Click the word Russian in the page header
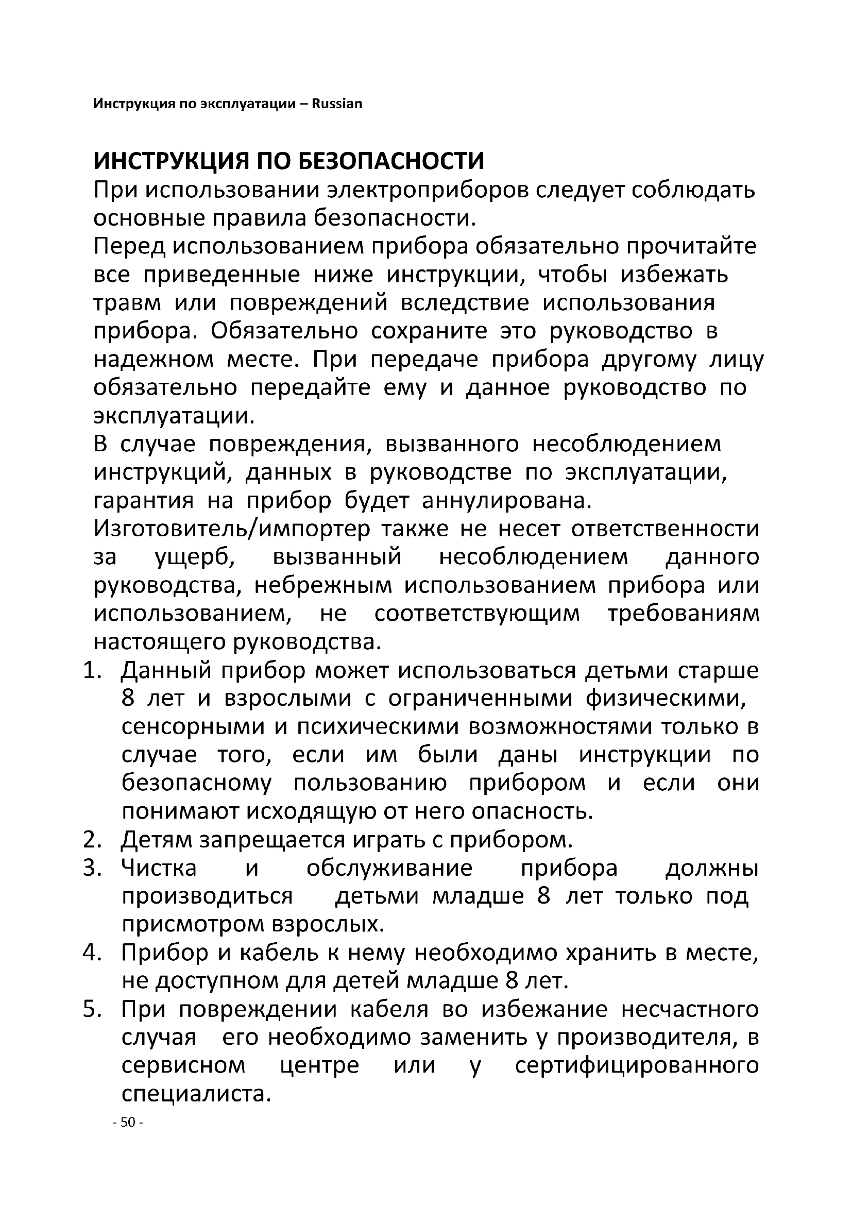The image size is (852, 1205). tap(337, 104)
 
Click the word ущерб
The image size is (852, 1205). tap(195, 557)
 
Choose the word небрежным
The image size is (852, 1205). tap(323, 585)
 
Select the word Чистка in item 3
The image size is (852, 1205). tap(159, 868)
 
